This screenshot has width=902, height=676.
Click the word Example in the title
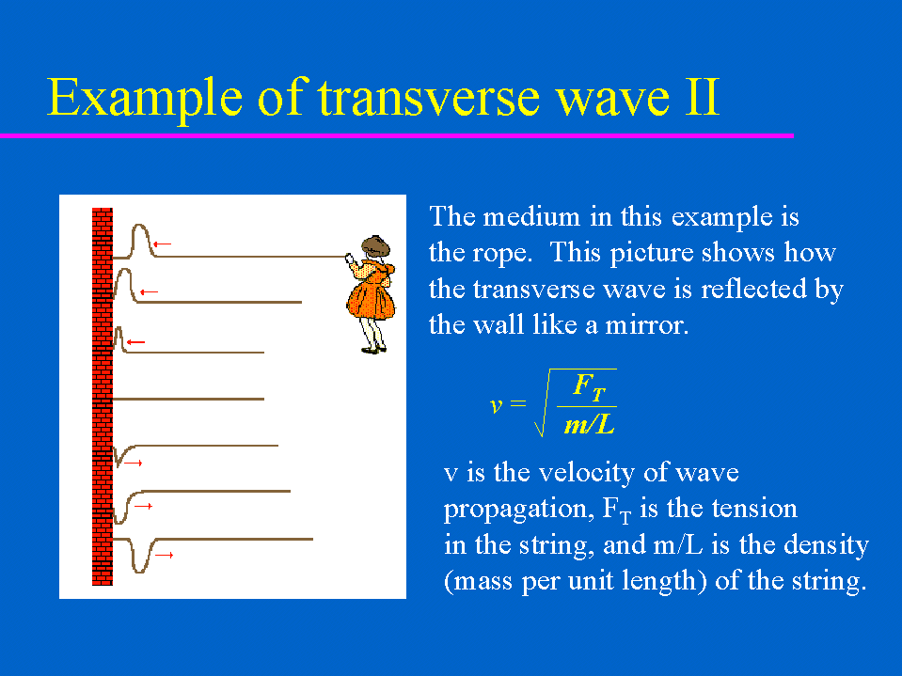click(145, 99)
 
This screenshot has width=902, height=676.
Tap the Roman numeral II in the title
click(702, 97)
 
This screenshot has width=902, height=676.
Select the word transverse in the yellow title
click(429, 97)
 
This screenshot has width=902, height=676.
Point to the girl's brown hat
click(375, 245)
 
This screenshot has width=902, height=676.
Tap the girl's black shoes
click(373, 349)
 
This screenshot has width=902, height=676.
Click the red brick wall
click(103, 397)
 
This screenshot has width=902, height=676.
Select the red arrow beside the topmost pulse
click(162, 244)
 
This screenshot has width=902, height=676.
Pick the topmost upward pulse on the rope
click(141, 241)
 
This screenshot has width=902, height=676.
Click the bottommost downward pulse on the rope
click(140, 556)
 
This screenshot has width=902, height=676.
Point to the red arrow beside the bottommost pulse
click(164, 555)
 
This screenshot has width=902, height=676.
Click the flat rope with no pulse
click(188, 399)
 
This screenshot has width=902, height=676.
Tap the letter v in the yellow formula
click(496, 405)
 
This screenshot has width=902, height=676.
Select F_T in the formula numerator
click(590, 385)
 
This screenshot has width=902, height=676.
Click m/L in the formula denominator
click(589, 425)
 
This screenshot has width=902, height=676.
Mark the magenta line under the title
click(397, 135)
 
